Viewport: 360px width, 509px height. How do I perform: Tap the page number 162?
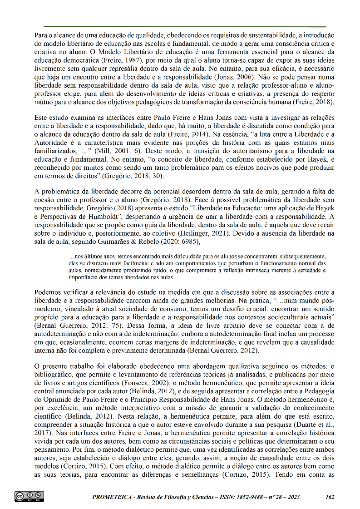(330, 497)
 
